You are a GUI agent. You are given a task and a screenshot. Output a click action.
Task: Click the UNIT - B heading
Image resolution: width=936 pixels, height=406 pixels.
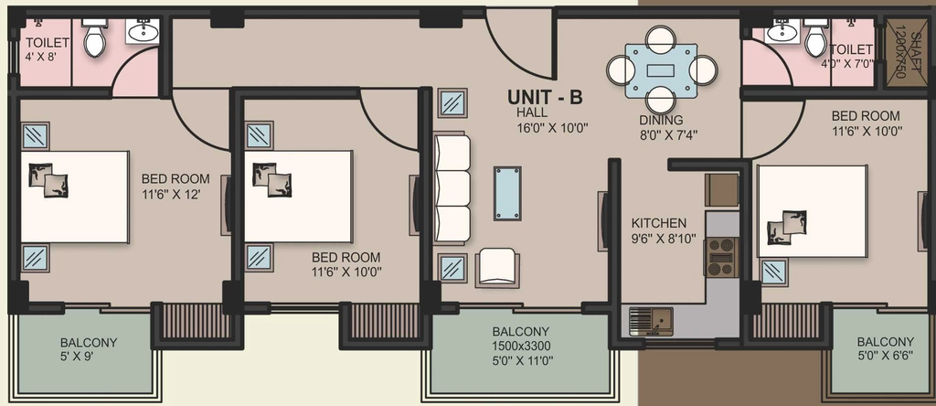[545, 97]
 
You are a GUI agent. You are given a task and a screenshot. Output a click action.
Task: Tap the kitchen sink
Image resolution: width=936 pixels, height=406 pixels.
[651, 321]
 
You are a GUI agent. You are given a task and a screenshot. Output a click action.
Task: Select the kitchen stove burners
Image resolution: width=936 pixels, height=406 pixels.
[722, 257]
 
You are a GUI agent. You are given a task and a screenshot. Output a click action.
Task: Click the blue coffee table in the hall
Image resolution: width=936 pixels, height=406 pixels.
[507, 194]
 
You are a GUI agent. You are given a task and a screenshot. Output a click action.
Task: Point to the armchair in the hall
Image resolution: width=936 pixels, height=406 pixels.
[497, 268]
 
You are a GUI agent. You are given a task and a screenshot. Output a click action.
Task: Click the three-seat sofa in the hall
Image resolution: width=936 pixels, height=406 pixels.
[452, 188]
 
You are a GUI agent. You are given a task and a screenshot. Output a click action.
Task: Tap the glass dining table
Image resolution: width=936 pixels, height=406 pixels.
[661, 70]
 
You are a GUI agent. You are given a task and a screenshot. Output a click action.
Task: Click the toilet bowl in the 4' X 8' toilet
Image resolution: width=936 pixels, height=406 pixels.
[94, 38]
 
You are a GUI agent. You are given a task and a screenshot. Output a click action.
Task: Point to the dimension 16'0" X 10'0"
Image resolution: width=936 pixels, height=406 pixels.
[553, 126]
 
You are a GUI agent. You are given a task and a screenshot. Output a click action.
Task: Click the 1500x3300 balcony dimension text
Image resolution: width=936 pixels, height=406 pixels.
[521, 346]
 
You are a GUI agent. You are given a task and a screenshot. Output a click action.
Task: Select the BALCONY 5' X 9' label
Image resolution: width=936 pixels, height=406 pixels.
[89, 349]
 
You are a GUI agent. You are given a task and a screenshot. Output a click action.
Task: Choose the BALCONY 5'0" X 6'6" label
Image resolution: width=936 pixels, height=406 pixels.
[885, 349]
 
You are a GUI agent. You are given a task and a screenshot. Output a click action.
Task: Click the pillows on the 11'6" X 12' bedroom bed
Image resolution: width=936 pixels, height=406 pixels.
[48, 180]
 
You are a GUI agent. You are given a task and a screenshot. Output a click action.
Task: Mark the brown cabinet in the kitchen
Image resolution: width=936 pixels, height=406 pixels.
[722, 190]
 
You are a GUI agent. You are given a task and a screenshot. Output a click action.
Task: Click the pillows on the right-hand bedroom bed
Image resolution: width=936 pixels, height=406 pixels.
[787, 227]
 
